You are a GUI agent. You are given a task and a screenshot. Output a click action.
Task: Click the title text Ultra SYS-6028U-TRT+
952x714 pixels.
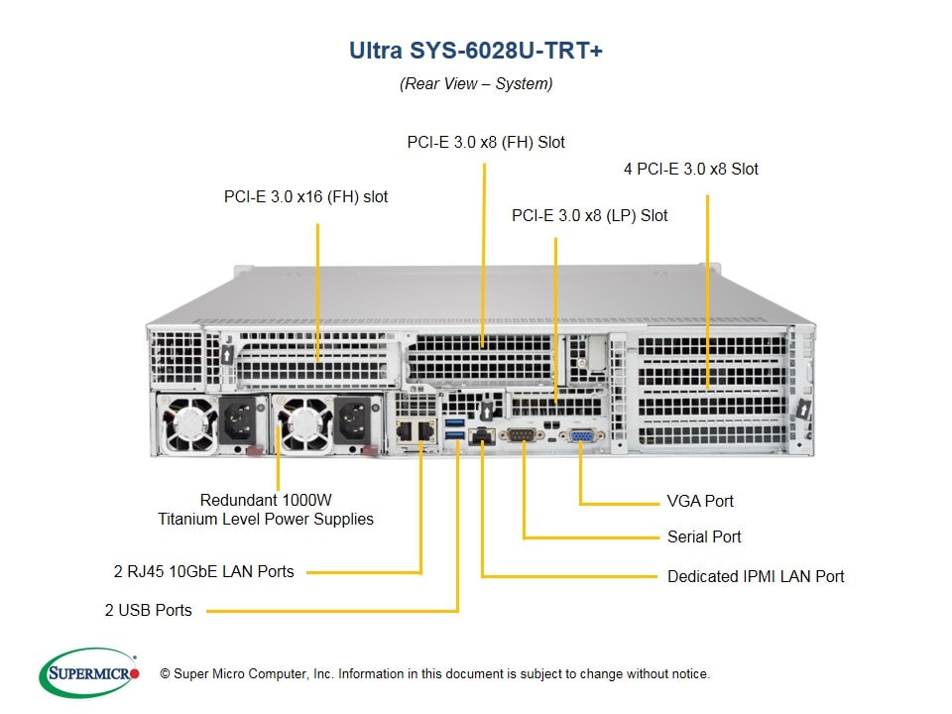[475, 51]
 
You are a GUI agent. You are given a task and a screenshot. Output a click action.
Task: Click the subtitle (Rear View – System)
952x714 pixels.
[476, 83]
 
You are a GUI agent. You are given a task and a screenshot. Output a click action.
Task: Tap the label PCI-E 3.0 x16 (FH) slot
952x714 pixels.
[305, 196]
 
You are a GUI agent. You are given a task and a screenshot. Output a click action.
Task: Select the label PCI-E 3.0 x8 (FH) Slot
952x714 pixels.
[486, 142]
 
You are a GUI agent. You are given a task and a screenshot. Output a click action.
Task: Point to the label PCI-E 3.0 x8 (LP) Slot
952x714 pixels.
[589, 215]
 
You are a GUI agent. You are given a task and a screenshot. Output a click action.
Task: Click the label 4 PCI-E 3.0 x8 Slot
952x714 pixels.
[690, 169]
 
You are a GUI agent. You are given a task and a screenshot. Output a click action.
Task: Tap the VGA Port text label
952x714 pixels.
[700, 501]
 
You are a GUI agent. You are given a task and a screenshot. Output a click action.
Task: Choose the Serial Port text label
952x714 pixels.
[704, 536]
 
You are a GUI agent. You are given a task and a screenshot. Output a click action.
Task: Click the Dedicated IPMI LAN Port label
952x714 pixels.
[756, 575]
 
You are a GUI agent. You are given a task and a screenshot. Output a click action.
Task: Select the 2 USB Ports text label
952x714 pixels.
[149, 610]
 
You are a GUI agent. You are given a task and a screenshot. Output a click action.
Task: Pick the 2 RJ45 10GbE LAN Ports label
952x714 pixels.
[203, 571]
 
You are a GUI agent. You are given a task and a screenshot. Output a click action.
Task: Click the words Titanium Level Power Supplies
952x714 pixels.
[266, 519]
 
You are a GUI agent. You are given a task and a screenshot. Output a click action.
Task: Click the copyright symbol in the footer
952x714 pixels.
[166, 674]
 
